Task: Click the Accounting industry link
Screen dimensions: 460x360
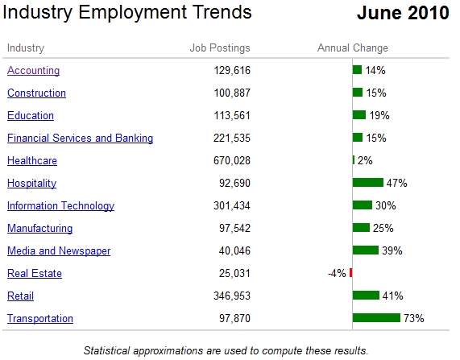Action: (x=34, y=70)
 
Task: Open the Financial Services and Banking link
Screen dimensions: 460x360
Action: (x=80, y=138)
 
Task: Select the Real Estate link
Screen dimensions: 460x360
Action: (x=35, y=273)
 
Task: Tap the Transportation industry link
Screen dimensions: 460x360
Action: (x=40, y=318)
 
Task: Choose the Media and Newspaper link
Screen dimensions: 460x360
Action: (x=59, y=250)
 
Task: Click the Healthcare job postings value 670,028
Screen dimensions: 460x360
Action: (x=232, y=161)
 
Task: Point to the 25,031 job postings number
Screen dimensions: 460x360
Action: (x=234, y=274)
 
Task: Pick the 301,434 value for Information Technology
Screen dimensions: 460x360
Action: (x=232, y=205)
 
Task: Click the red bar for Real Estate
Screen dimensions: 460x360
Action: (x=351, y=273)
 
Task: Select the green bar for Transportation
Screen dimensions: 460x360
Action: (x=376, y=318)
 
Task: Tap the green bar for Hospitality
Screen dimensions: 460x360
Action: (x=368, y=183)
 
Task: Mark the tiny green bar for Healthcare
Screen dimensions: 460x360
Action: (x=354, y=160)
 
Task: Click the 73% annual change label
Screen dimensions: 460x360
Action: (x=414, y=318)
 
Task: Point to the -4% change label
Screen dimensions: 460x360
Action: (x=337, y=274)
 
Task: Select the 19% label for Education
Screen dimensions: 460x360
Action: (x=379, y=116)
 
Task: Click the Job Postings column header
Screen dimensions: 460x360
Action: (x=220, y=48)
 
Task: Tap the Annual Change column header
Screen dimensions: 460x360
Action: (x=353, y=48)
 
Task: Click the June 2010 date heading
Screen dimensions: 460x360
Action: (x=403, y=13)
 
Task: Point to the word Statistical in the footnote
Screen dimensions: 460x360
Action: (x=106, y=350)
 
